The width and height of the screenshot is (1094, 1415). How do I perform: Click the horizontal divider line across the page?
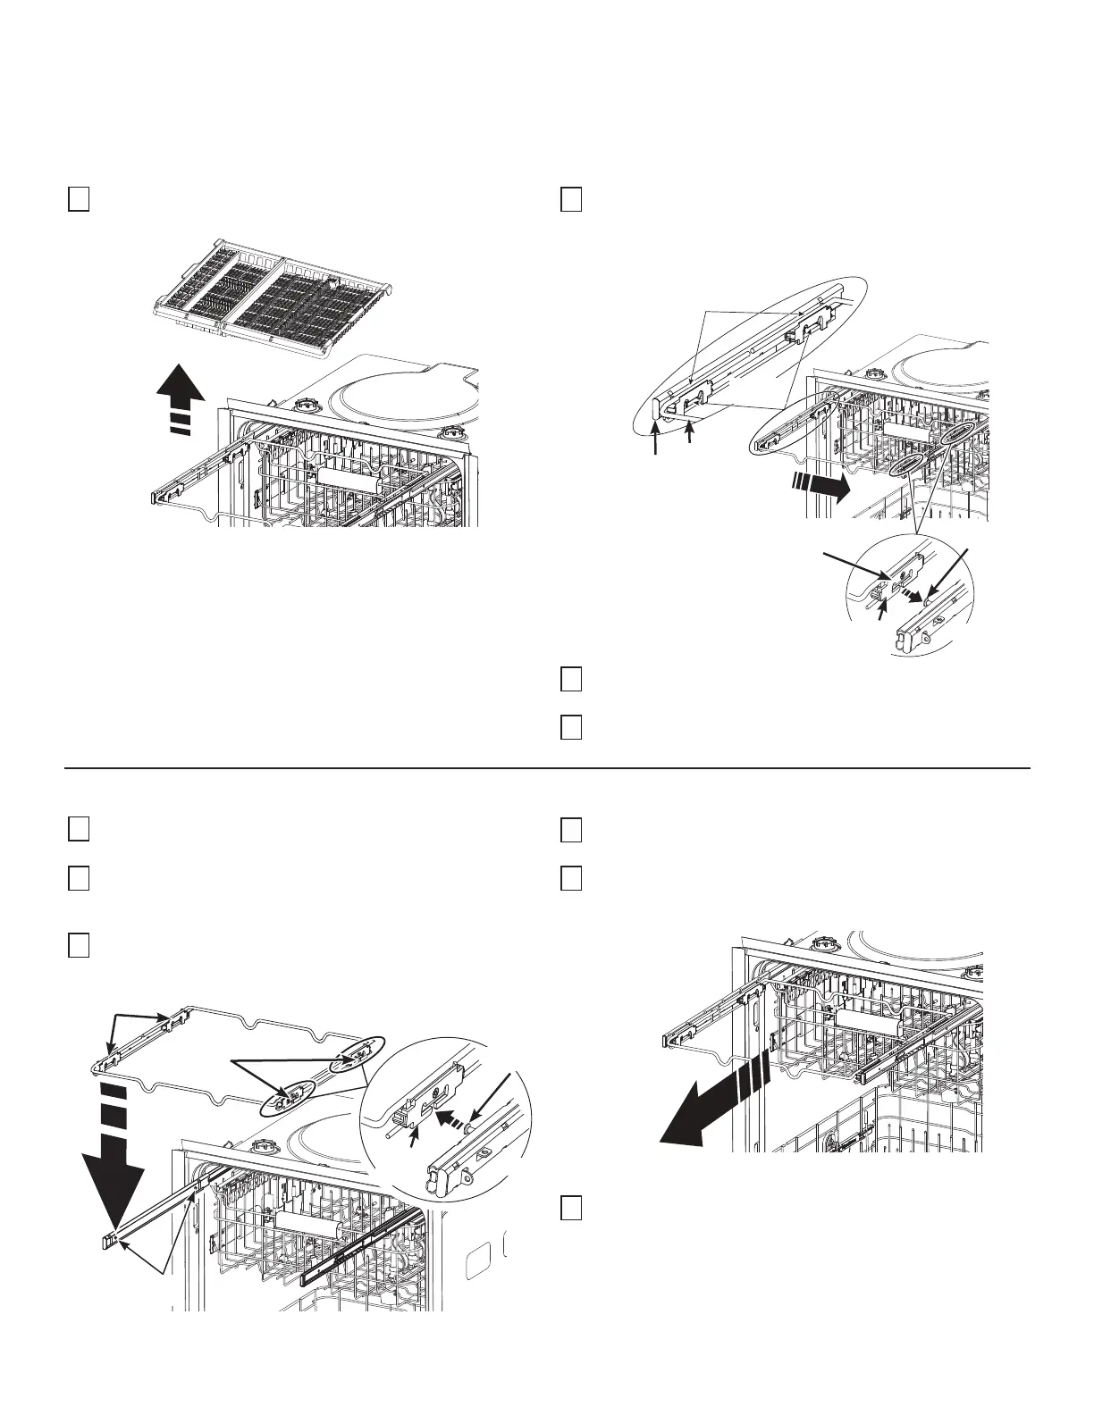point(547,767)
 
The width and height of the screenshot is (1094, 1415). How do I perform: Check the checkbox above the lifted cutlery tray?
point(78,198)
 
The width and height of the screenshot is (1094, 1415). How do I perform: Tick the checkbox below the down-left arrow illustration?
point(572,1209)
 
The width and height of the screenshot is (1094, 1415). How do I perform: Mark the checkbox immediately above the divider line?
point(572,728)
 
